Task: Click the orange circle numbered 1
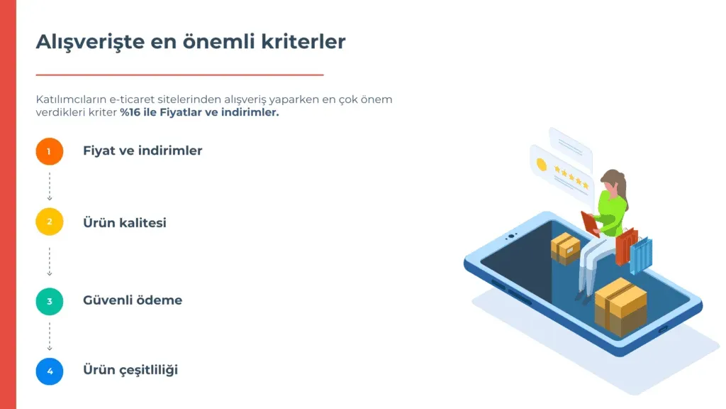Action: pos(50,151)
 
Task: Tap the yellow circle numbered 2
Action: pos(50,222)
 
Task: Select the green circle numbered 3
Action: pos(50,301)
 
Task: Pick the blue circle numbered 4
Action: pos(50,371)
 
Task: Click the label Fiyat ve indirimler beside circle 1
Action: pos(143,151)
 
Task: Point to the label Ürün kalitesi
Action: pos(125,222)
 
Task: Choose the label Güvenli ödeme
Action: pos(133,300)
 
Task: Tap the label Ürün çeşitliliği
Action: pos(130,370)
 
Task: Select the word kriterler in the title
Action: pos(303,41)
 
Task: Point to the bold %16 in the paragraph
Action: pos(130,112)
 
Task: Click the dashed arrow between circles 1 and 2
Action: pos(50,187)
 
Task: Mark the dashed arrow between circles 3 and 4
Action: pos(50,337)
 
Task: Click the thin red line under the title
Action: pos(179,74)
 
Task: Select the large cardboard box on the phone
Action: pos(620,306)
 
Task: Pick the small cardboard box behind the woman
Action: pos(565,249)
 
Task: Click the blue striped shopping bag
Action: pos(641,255)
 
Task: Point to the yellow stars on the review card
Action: pos(571,178)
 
